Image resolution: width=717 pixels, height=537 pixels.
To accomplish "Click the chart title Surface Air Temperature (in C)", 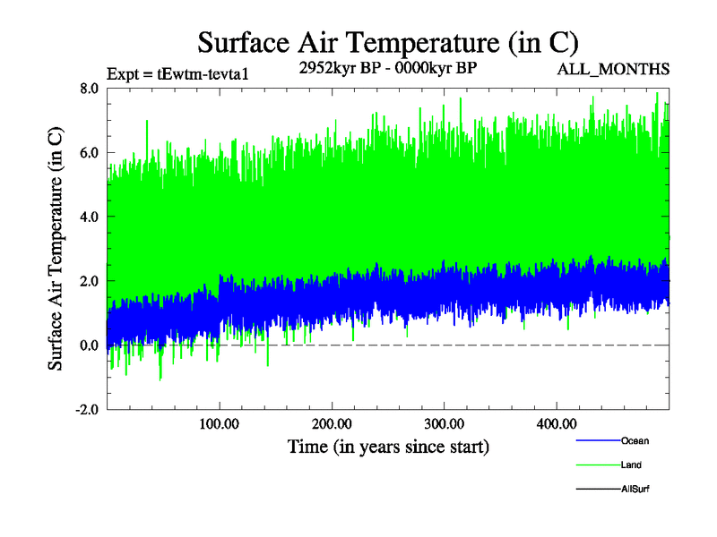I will [x=387, y=42].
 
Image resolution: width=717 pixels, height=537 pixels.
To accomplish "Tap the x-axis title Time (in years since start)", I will [x=388, y=446].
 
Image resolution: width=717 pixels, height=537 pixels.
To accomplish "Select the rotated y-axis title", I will [x=56, y=248].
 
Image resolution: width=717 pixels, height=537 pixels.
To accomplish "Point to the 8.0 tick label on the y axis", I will [x=89, y=88].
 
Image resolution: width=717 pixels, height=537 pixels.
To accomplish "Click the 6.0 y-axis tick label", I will [x=89, y=152].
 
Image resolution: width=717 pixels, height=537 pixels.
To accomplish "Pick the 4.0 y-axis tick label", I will [x=89, y=217].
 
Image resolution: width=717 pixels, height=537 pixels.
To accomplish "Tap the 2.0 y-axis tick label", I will [x=89, y=281].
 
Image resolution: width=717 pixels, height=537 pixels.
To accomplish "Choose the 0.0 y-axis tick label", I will [x=89, y=345].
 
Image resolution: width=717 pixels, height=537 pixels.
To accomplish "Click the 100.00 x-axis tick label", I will [x=219, y=423].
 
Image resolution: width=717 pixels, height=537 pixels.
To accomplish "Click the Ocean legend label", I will [x=635, y=440].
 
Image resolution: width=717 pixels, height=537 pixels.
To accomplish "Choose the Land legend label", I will [x=631, y=465].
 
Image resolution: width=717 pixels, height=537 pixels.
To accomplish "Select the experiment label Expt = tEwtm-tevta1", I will [x=177, y=73].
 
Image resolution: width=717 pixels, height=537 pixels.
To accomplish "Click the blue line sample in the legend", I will [x=596, y=440].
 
